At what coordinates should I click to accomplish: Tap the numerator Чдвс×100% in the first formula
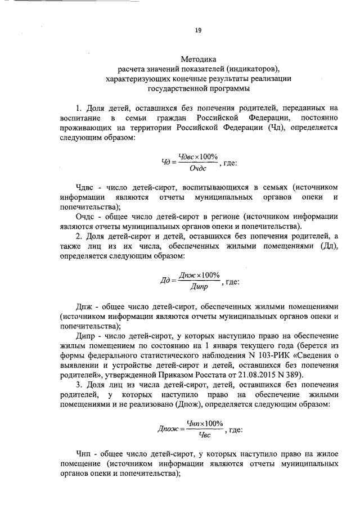point(197,156)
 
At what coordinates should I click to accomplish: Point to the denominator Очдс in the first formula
point(197,168)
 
